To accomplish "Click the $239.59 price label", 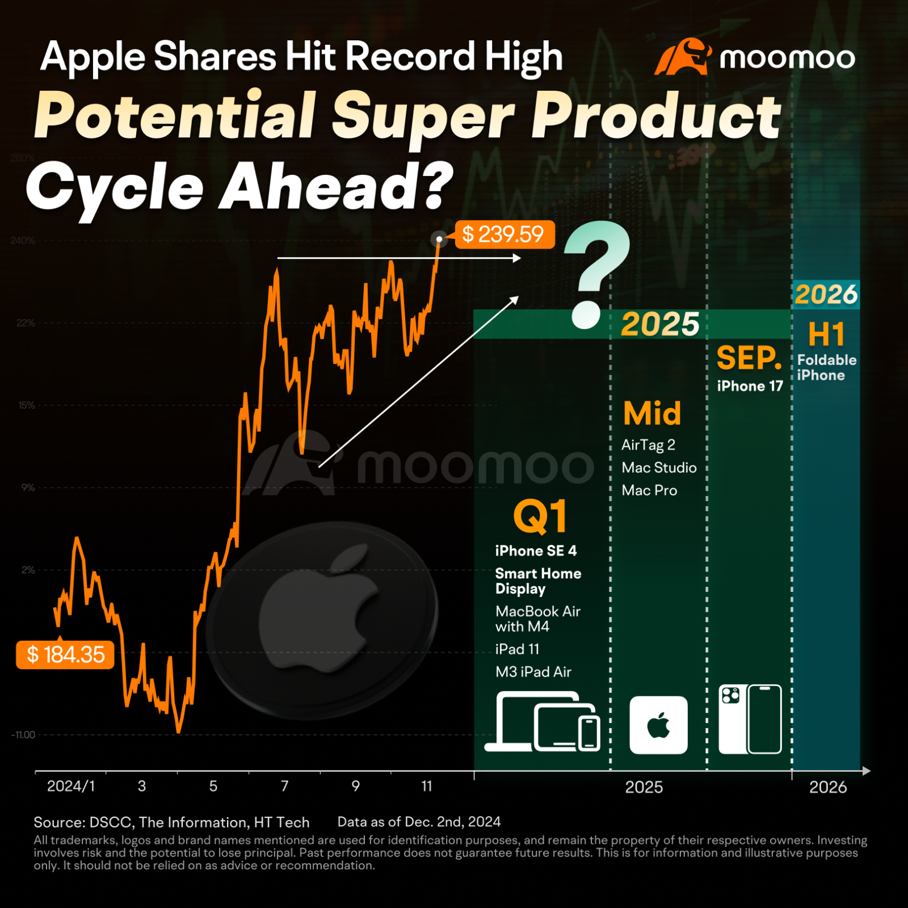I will pos(504,234).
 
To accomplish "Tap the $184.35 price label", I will pos(65,655).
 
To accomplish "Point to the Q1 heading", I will pos(540,516).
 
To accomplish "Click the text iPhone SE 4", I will pos(536,550).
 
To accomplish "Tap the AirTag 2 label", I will pos(648,445).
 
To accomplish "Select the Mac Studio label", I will pos(659,468).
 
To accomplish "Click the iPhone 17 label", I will pos(750,386).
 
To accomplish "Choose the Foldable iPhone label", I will pos(826,367).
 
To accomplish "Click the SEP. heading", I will pos(749,358).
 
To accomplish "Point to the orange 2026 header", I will pos(826,295).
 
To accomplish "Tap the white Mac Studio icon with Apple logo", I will pos(658,725).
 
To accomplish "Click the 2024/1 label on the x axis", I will pos(71,786).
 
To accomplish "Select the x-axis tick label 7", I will pos(285,786).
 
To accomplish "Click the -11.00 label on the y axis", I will pos(23,735).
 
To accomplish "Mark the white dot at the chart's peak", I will pos(439,239).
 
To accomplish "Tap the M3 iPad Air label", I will pos(533,672).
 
